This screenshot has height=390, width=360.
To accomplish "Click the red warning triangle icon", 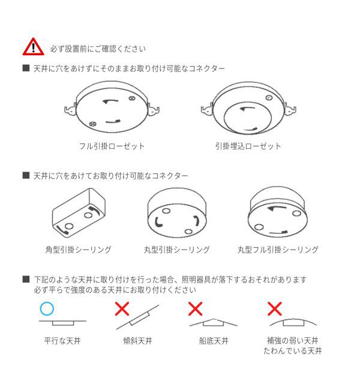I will pyautogui.click(x=34, y=47).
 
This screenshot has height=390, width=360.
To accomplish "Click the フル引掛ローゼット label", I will pyautogui.click(x=112, y=146).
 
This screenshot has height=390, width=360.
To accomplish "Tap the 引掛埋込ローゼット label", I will pyautogui.click(x=248, y=146).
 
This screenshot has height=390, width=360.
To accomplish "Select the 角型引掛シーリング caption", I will pyautogui.click(x=77, y=249).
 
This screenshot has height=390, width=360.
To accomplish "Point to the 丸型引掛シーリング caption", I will pyautogui.click(x=176, y=249).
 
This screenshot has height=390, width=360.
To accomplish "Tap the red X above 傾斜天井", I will pyautogui.click(x=122, y=309).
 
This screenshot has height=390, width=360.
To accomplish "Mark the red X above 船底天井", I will pyautogui.click(x=196, y=309).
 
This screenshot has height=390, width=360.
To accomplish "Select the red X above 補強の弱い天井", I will pyautogui.click(x=275, y=309).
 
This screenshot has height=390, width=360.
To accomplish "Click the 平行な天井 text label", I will pyautogui.click(x=62, y=341).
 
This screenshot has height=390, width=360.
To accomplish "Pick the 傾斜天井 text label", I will pyautogui.click(x=137, y=341).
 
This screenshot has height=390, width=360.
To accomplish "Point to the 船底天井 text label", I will pyautogui.click(x=213, y=341).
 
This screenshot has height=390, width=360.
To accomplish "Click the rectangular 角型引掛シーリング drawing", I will pyautogui.click(x=78, y=214).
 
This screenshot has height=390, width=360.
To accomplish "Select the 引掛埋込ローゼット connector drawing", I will pyautogui.click(x=248, y=108).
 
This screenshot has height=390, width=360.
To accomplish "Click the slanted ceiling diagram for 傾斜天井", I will pyautogui.click(x=137, y=317).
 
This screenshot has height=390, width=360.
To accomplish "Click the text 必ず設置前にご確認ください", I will pyautogui.click(x=97, y=48).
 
